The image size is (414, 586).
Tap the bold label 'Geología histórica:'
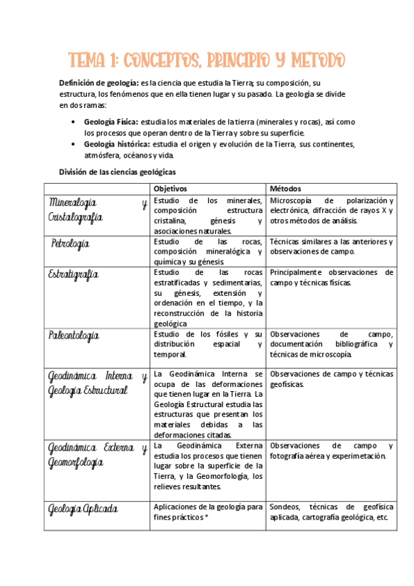[116, 144]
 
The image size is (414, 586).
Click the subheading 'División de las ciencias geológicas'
[117, 171]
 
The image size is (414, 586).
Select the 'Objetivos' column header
[170, 189]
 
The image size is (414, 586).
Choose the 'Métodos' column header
[285, 189]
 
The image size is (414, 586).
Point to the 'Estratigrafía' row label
[74, 274]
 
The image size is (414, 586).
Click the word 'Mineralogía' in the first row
[73, 202]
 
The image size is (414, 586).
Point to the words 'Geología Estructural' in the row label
[88, 390]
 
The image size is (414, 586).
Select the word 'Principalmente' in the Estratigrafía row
[297, 272]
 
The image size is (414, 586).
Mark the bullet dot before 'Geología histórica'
[74, 144]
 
